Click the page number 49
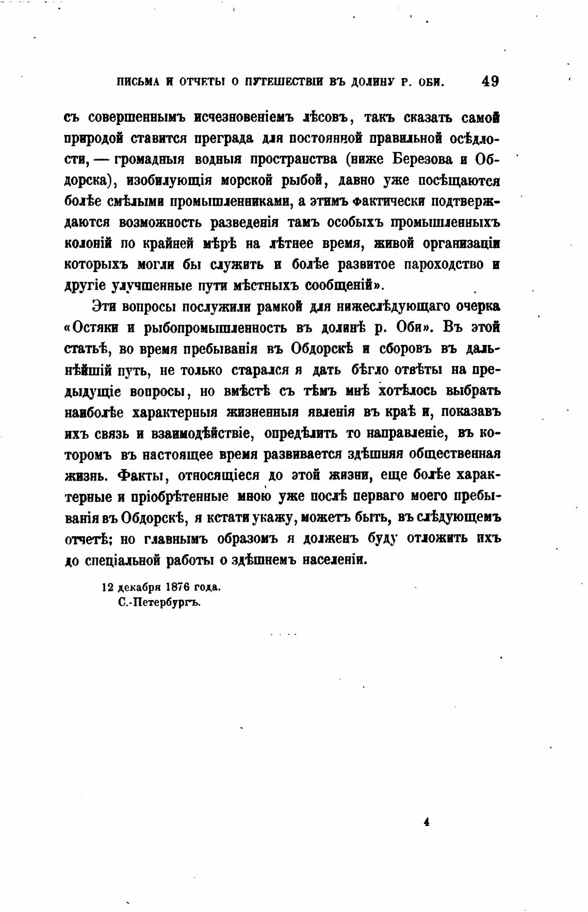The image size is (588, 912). [489, 81]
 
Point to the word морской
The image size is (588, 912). [239, 180]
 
